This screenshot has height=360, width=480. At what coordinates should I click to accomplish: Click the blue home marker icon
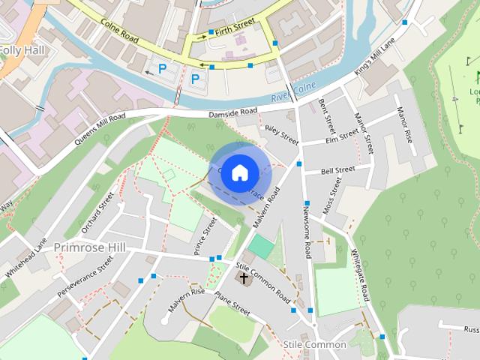(x=239, y=172)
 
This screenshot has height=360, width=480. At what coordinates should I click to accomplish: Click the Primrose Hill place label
(x=94, y=247)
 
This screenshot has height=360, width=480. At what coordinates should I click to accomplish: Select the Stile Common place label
(x=315, y=344)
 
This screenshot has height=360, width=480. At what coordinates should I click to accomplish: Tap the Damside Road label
(x=232, y=113)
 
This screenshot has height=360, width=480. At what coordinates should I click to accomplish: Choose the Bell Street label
(x=337, y=171)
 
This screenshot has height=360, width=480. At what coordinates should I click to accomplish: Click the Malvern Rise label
(x=186, y=304)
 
